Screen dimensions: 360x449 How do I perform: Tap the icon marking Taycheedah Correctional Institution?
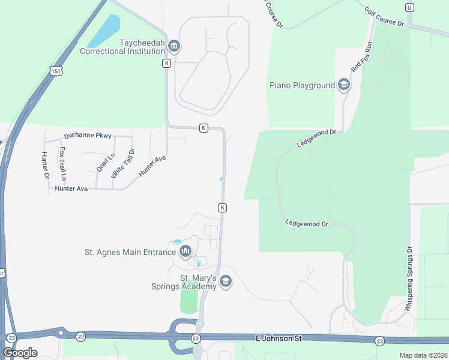(175, 46)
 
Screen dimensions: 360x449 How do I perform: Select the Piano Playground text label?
(302, 85)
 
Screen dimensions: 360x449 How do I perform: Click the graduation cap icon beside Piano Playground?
(344, 85)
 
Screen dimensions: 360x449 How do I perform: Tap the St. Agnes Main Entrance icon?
(185, 251)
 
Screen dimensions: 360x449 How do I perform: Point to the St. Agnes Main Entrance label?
(130, 252)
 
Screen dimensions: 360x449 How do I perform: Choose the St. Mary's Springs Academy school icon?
(226, 281)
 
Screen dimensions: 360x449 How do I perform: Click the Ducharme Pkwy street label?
(88, 135)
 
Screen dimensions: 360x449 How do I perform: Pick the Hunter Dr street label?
(45, 166)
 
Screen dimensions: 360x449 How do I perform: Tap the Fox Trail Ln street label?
(62, 164)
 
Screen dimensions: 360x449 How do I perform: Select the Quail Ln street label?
(101, 161)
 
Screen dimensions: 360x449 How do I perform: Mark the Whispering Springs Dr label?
(409, 279)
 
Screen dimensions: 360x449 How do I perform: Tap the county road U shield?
(409, 7)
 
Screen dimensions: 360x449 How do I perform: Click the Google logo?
(20, 352)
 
